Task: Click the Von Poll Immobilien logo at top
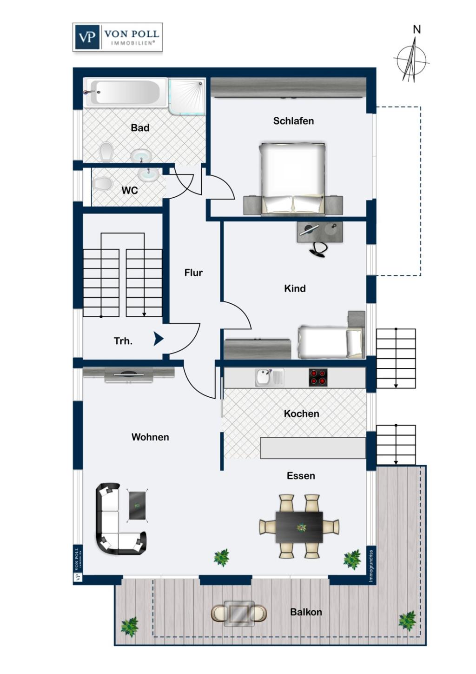[118, 37]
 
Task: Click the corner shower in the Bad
[187, 96]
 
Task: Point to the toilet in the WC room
[103, 184]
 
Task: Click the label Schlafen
[293, 121]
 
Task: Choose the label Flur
[193, 273]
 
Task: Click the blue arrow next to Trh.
[159, 339]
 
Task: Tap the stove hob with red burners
[318, 377]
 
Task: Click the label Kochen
[301, 414]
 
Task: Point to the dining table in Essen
[299, 527]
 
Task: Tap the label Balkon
[306, 612]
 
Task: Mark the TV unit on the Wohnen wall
[129, 374]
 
